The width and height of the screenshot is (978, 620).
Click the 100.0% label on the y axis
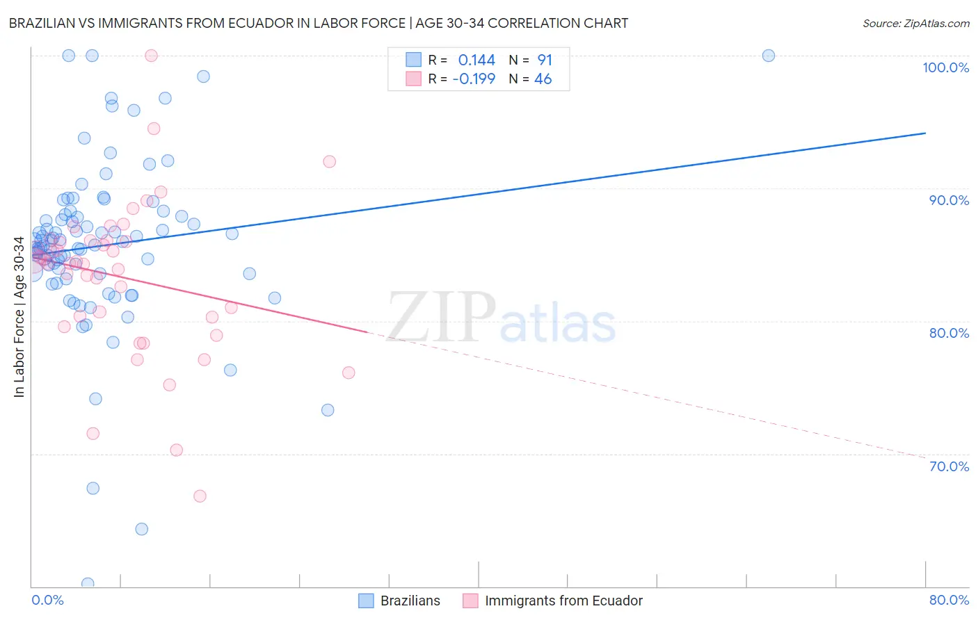pyautogui.click(x=945, y=67)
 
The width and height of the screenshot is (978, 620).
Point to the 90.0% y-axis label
pyautogui.click(x=949, y=200)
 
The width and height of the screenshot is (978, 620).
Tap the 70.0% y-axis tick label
pyautogui.click(x=949, y=466)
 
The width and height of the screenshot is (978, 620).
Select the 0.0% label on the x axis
pyautogui.click(x=47, y=600)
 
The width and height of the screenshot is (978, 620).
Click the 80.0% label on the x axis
pyautogui.click(x=949, y=600)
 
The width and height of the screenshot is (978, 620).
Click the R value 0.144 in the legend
pyautogui.click(x=476, y=60)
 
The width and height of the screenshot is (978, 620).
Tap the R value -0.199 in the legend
pyautogui.click(x=474, y=79)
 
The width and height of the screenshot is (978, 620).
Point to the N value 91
pyautogui.click(x=545, y=60)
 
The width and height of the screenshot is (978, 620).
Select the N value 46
pyautogui.click(x=543, y=79)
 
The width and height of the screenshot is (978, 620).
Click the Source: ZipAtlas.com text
pyautogui.click(x=915, y=24)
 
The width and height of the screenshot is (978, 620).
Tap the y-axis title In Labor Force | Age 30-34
pyautogui.click(x=19, y=317)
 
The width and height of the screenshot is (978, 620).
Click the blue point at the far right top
pyautogui.click(x=769, y=56)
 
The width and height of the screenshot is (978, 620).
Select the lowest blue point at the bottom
pyautogui.click(x=88, y=583)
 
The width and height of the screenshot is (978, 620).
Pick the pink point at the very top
pyautogui.click(x=151, y=56)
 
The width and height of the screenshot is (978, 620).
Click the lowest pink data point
pyautogui.click(x=200, y=496)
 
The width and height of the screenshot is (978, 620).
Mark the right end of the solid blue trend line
pyautogui.click(x=925, y=133)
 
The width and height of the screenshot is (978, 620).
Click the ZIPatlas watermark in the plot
pyautogui.click(x=501, y=318)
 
